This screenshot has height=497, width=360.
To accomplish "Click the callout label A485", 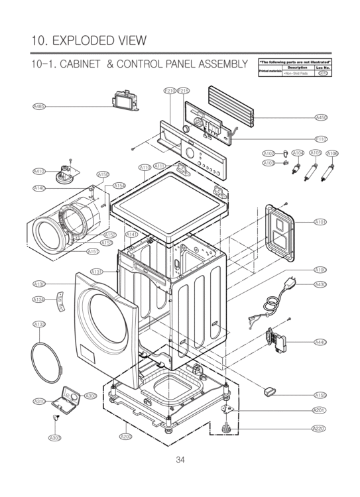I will point(39,106).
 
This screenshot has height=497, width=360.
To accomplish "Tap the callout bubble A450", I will point(321,117).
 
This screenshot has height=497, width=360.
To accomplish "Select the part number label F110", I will point(321,139).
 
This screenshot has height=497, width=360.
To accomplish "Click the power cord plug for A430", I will point(286,286).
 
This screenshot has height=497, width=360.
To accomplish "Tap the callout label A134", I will point(39,300).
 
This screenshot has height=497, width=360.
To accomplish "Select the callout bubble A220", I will point(319,429).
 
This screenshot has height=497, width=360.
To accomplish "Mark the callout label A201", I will point(319,410).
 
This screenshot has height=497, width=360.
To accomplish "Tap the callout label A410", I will point(39,171).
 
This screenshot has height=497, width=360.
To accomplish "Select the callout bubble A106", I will point(331,153).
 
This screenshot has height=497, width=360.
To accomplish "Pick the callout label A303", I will point(54,437).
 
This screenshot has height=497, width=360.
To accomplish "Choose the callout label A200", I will point(125,436).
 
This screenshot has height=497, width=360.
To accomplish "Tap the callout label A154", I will point(119,186).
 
